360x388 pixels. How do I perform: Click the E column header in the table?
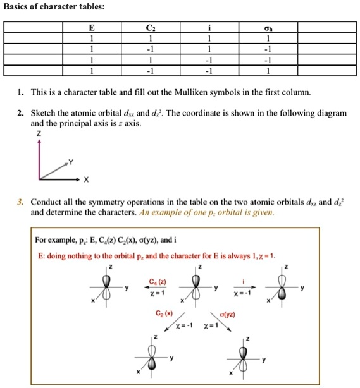pyautogui.click(x=92, y=28)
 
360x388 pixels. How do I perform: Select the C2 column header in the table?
pyautogui.click(x=150, y=28)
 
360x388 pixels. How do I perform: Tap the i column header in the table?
pyautogui.click(x=209, y=28)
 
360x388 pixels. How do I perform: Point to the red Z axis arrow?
pyautogui.click(x=39, y=158)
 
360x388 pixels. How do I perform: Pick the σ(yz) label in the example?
pyautogui.click(x=227, y=314)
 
